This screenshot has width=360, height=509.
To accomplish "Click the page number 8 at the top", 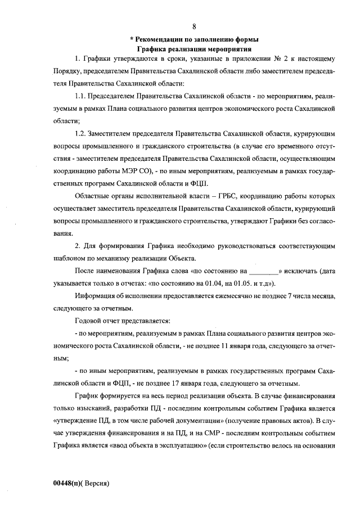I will [193, 26].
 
